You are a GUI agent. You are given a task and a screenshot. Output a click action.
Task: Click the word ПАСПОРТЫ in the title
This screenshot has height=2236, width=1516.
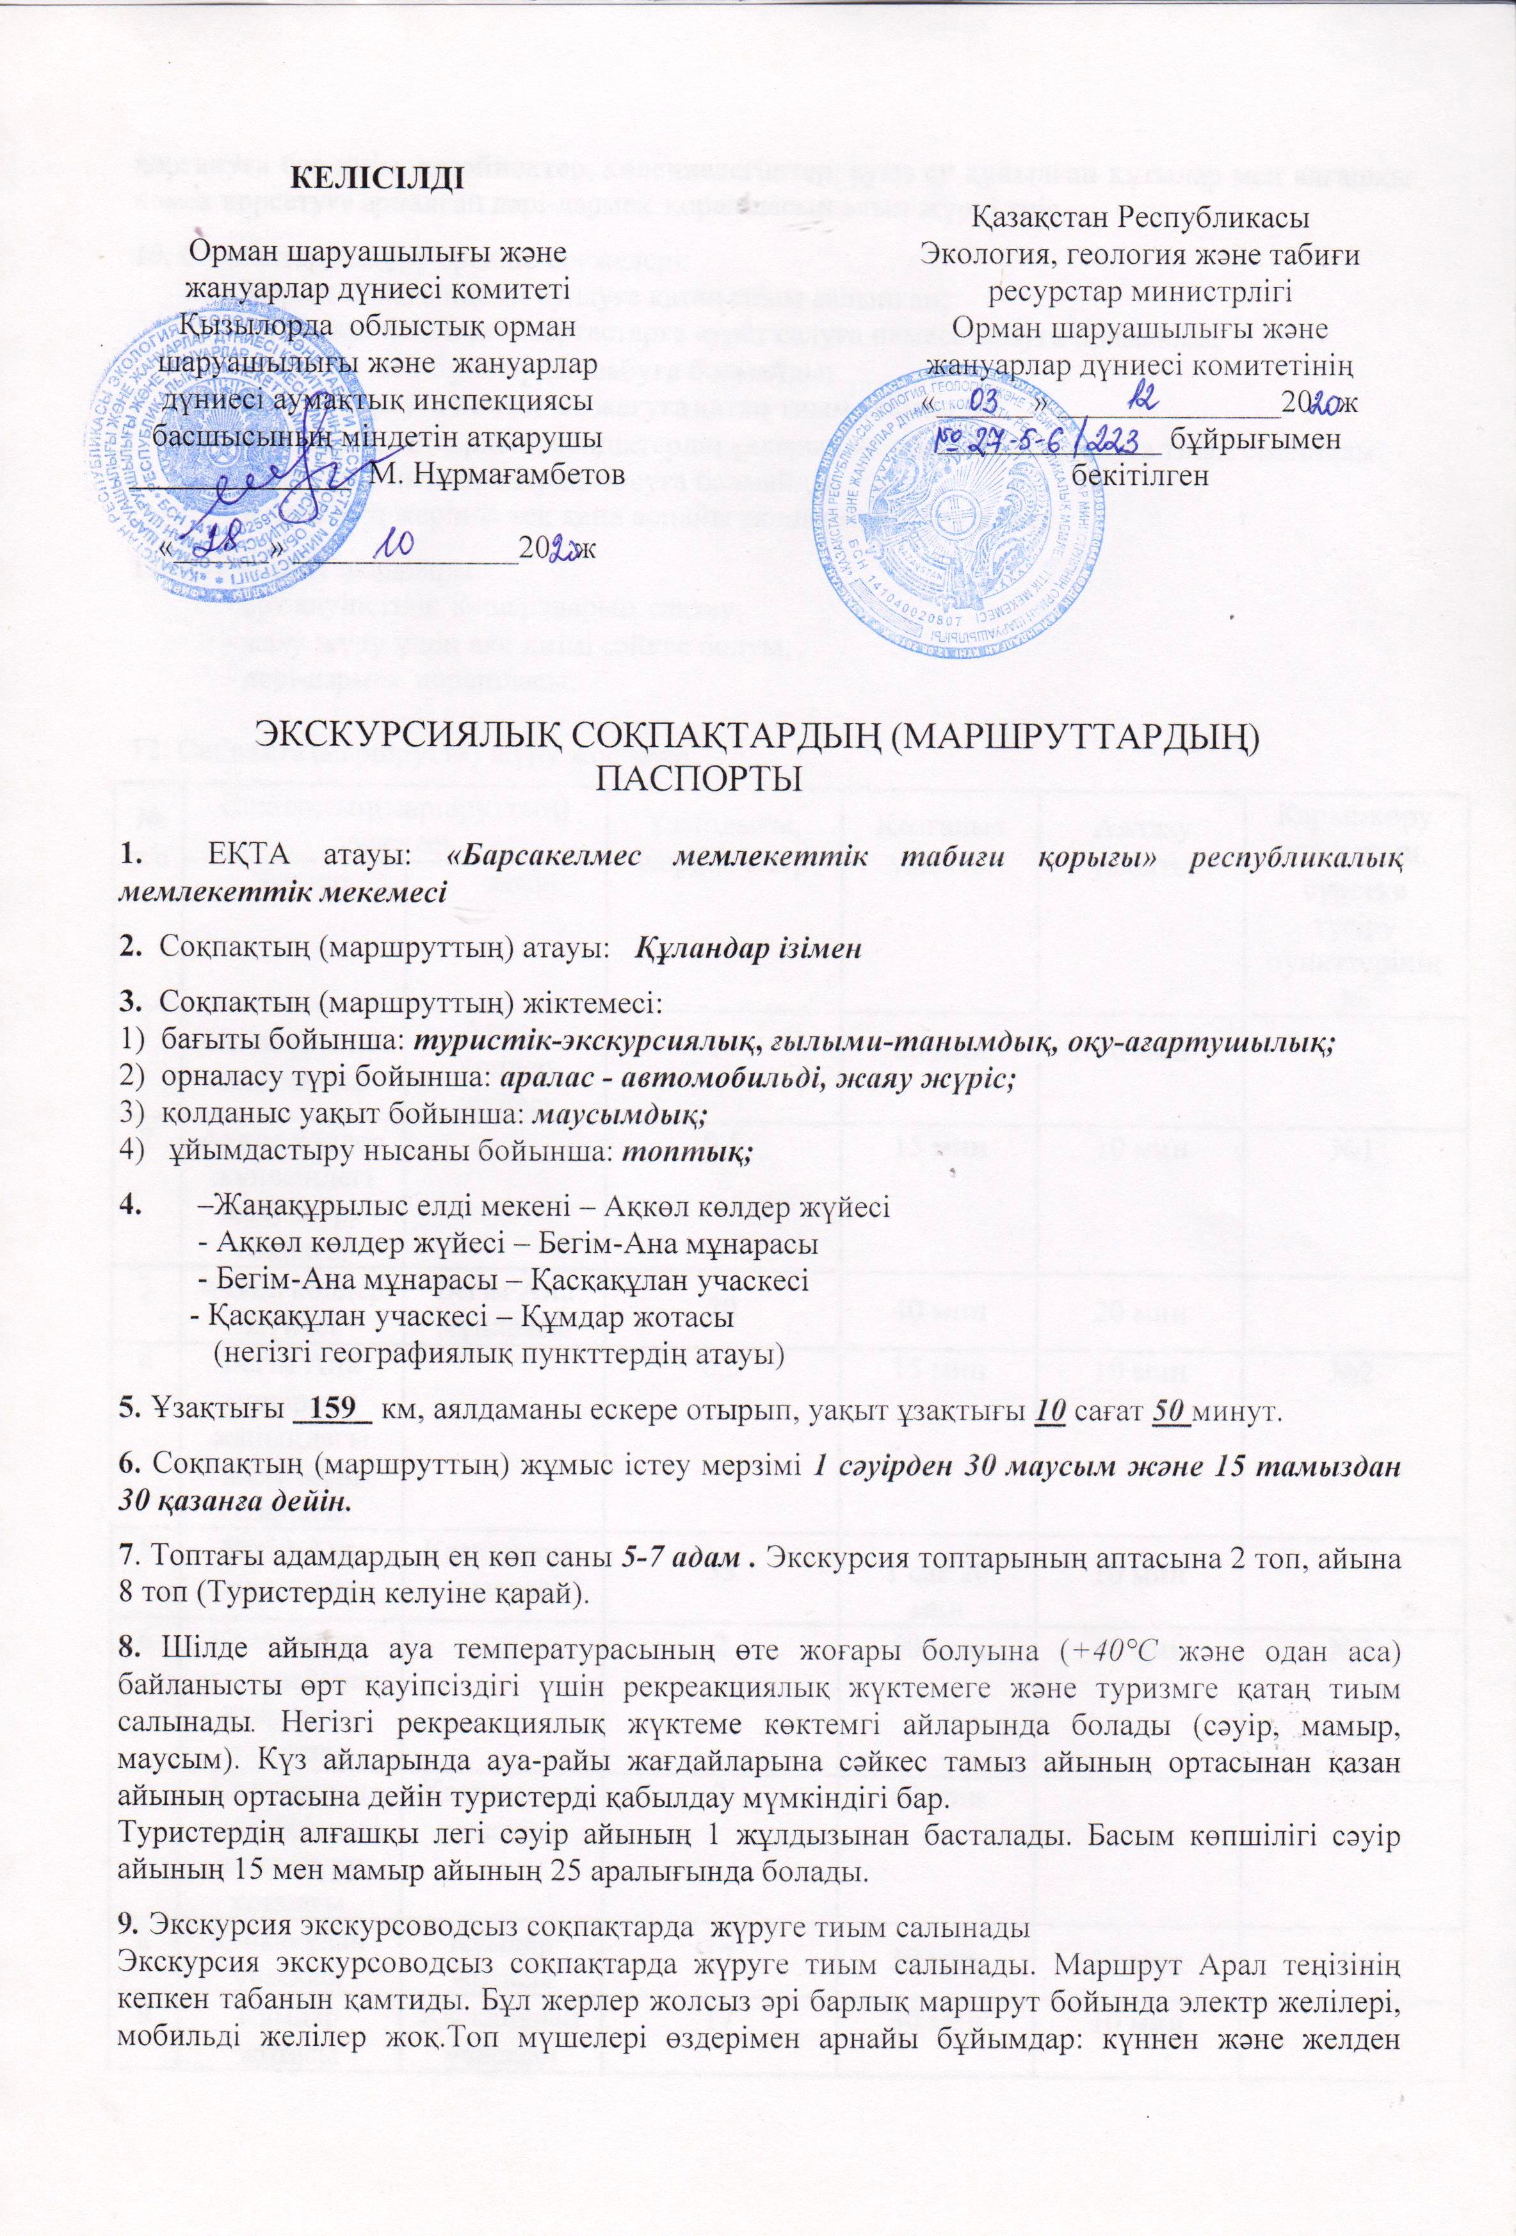pyautogui.click(x=699, y=778)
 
